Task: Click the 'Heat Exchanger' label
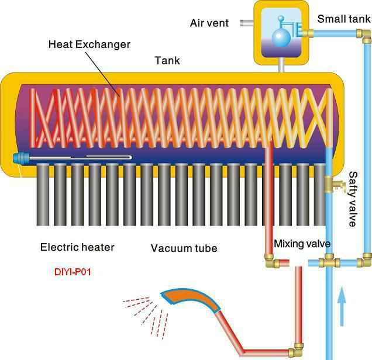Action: pos(89,44)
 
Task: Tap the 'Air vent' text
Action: pos(209,23)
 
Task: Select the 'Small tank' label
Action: pos(344,19)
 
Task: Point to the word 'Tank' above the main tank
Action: pos(167,60)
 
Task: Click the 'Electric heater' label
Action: pos(77,247)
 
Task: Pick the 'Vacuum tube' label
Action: pos(184,248)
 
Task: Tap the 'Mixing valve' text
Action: pos(302,244)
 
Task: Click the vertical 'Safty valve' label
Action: pos(353,199)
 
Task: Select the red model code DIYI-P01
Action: pos(73,272)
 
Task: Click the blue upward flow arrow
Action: pos(342,306)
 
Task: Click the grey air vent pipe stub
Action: pos(247,23)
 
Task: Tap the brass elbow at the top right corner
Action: pos(364,36)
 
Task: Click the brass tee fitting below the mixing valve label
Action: pos(329,262)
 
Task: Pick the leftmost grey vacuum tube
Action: pos(43,195)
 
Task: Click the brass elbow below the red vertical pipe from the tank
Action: pos(271,261)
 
